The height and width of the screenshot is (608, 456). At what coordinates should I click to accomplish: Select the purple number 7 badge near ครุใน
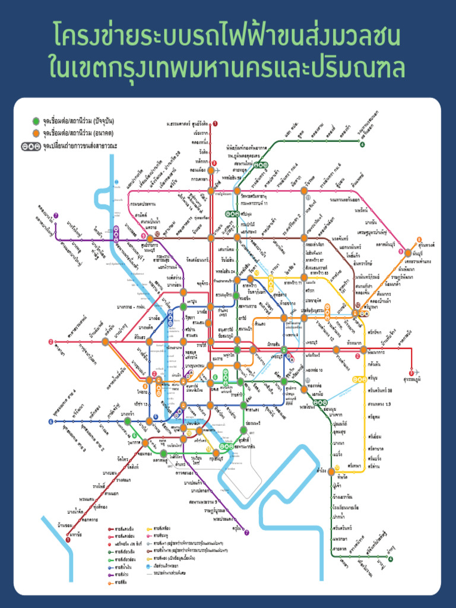click(x=247, y=533)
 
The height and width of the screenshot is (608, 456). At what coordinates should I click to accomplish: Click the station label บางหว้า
click(x=126, y=413)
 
